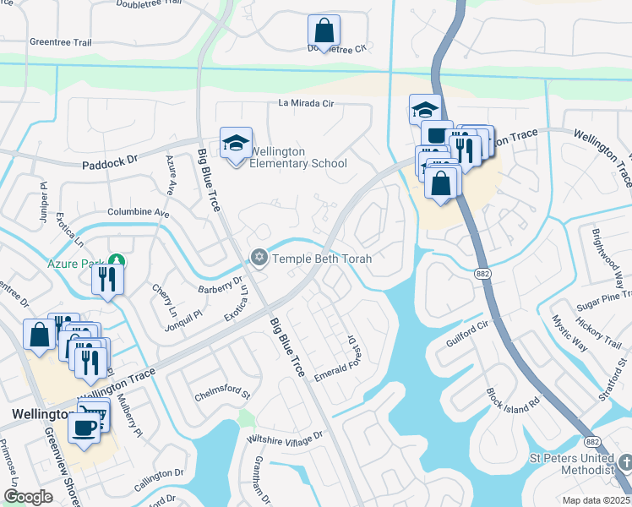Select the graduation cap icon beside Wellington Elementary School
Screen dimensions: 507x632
coord(236,143)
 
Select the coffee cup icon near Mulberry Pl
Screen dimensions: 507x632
coord(84,428)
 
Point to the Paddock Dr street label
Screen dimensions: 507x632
coord(109,161)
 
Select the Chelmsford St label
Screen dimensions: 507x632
coord(223,393)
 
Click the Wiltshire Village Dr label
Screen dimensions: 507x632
coord(284,437)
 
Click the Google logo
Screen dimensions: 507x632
coord(28,497)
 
